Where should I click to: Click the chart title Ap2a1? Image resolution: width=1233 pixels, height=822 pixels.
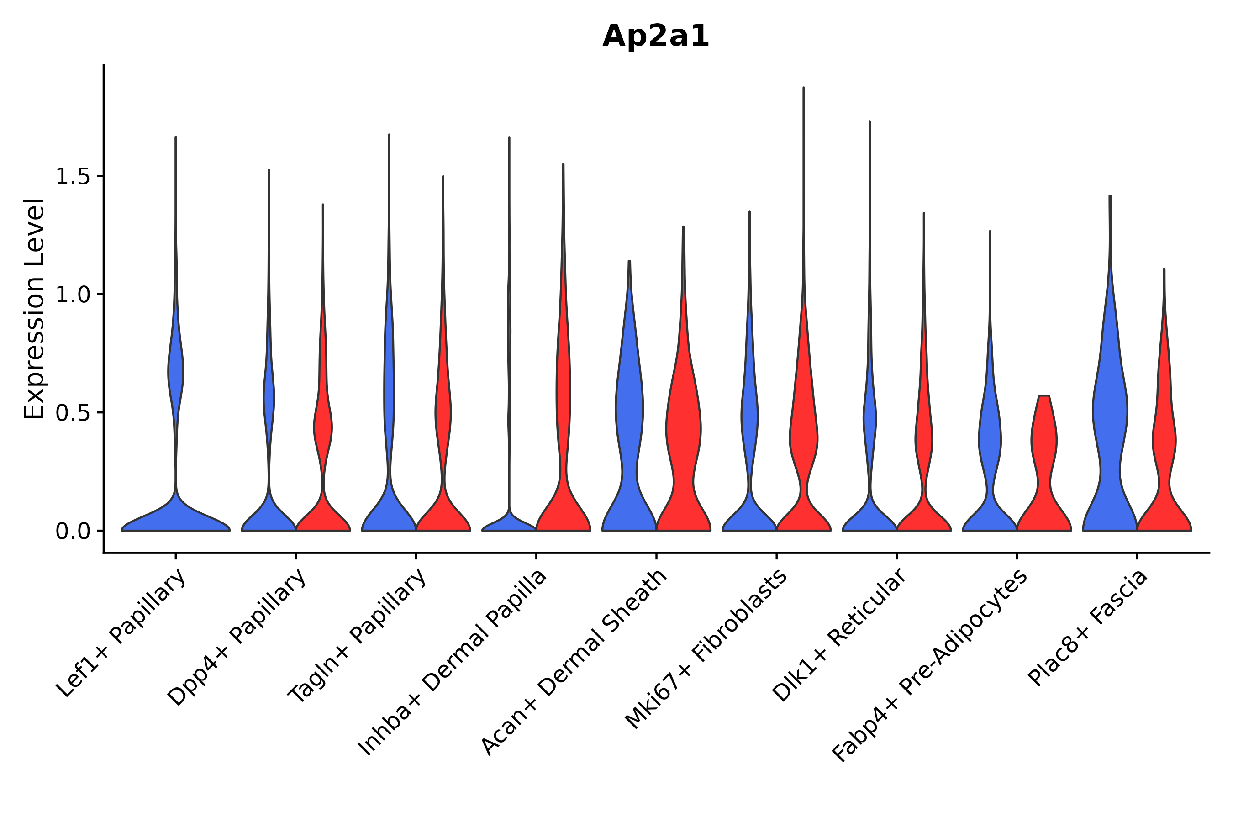click(x=655, y=36)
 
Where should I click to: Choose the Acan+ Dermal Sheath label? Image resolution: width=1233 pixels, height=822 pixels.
click(x=574, y=662)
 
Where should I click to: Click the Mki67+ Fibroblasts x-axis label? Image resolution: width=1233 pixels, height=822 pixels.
click(x=706, y=649)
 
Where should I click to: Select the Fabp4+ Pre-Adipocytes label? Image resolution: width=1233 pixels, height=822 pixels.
click(x=931, y=666)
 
